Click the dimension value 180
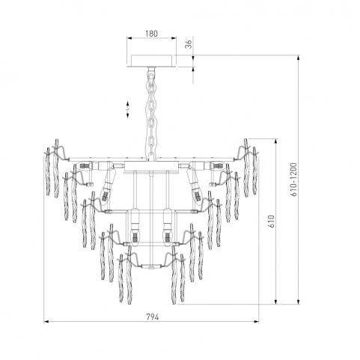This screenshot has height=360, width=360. pyautogui.click(x=152, y=34)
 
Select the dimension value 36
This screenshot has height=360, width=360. pyautogui.click(x=189, y=44)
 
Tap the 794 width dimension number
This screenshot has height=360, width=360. pyautogui.click(x=152, y=317)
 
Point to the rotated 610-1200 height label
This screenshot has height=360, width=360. pyautogui.click(x=295, y=180)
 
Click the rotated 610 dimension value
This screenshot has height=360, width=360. pyautogui.click(x=272, y=221)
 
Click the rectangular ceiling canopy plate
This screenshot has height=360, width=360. pyautogui.click(x=152, y=61)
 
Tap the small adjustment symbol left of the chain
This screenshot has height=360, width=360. pyautogui.click(x=128, y=109)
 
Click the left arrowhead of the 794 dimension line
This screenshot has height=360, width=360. pyautogui.click(x=46, y=322)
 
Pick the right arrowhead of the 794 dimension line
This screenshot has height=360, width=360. pyautogui.click(x=256, y=322)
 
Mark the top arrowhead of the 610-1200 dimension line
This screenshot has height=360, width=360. pyautogui.click(x=299, y=58)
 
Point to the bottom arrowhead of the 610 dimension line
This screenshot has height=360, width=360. pyautogui.click(x=275, y=302)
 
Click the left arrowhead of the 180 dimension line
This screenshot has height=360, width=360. pyautogui.click(x=129, y=38)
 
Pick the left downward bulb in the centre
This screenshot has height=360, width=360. pyautogui.click(x=135, y=226)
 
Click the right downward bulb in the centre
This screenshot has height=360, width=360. pyautogui.click(x=167, y=226)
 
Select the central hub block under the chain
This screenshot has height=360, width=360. pyautogui.click(x=151, y=167)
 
